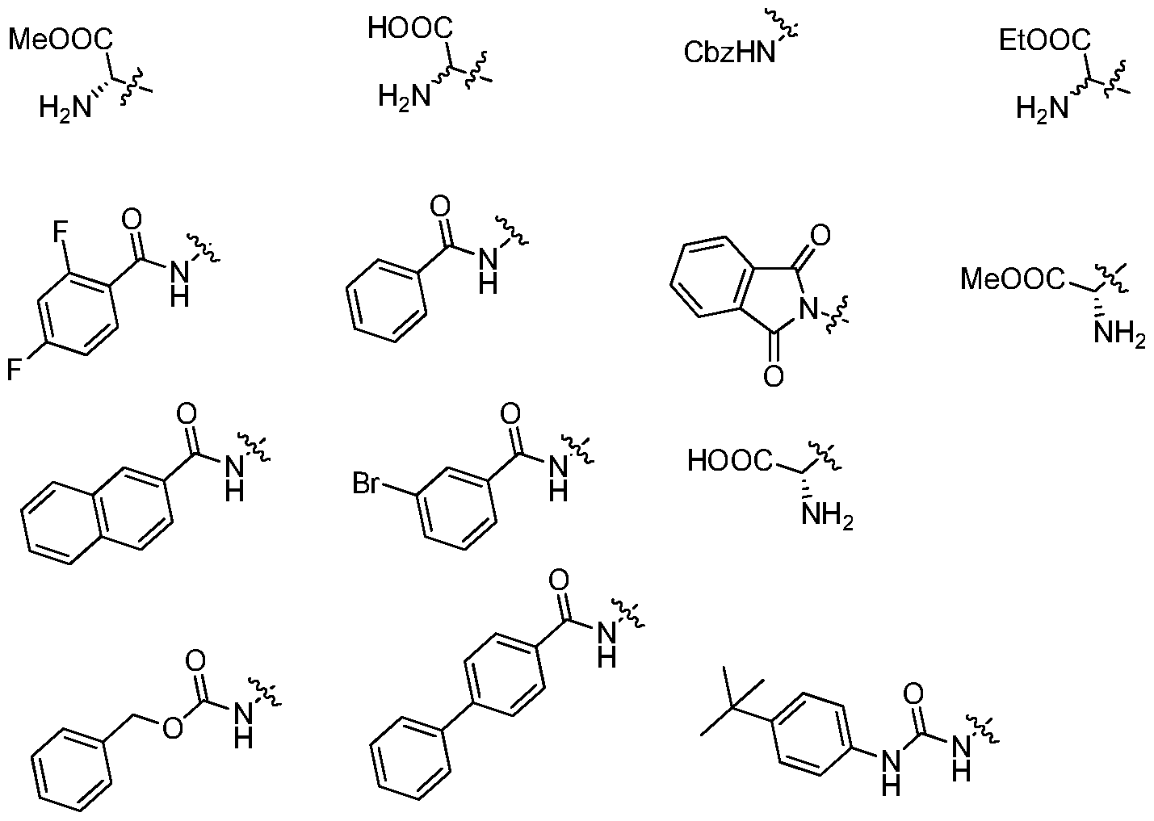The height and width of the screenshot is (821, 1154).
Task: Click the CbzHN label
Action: coord(729,52)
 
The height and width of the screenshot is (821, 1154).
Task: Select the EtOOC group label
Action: coord(1045,40)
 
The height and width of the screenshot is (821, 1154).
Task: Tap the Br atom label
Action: coord(366,484)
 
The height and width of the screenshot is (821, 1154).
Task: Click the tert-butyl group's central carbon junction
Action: coord(733,710)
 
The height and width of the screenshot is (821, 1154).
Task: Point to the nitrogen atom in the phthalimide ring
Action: coord(808,309)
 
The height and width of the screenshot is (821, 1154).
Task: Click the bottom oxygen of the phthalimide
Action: coord(774,375)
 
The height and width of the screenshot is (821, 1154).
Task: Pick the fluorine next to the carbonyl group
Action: coord(61,232)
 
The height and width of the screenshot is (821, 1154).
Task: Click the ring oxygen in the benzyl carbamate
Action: coord(172,728)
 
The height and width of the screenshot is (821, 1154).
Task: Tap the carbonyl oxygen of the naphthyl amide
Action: coord(187,413)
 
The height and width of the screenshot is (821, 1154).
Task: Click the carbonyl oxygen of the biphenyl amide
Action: coord(559,580)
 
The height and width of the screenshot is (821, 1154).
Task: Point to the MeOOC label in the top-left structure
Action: coord(61,40)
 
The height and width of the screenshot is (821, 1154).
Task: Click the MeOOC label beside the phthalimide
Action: coord(1013,279)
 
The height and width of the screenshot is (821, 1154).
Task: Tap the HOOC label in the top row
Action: coord(410,28)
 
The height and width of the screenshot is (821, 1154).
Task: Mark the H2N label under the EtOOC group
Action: coord(1043,109)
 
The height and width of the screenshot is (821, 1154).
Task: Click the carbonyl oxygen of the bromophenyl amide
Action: coord(510,413)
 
